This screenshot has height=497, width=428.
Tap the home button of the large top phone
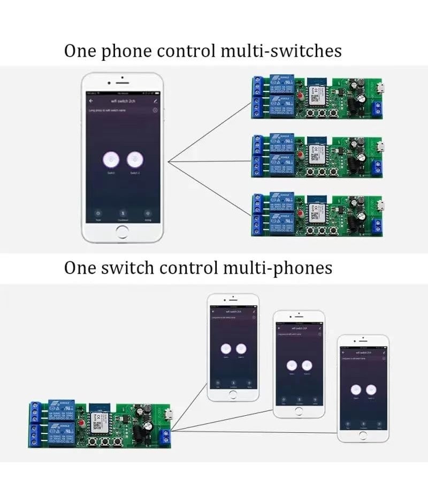tap(123, 232)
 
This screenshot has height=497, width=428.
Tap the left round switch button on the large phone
tap(111, 159)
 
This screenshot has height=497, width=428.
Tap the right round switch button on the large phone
tap(135, 159)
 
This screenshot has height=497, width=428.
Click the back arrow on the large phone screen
tap(91, 100)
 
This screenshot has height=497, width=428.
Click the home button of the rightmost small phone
tap(363, 435)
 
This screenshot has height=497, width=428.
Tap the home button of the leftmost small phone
tap(233, 394)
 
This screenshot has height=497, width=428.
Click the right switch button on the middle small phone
tap(307, 366)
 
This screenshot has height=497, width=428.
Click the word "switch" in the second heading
tap(134, 267)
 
